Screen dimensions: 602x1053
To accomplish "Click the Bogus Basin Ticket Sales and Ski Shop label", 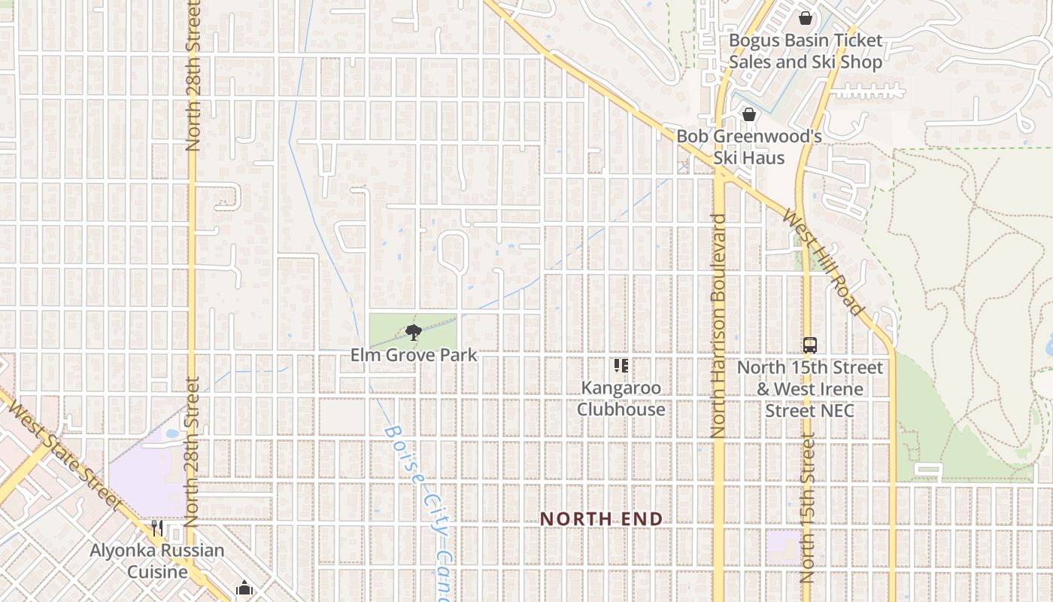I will coord(805,51).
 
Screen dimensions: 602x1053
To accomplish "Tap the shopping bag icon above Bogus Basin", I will coord(806,17).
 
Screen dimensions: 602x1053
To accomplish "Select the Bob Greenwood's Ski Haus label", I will coord(748,147).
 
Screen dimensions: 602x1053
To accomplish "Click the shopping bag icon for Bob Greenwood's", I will coord(748,114).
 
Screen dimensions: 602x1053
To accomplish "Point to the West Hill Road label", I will coord(823,262).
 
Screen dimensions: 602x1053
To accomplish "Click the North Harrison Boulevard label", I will coord(718,325).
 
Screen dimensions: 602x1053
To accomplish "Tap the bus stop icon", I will coord(809,345).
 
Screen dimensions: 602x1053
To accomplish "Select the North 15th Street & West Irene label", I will coord(809,389).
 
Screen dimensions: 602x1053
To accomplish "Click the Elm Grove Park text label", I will coord(414,354).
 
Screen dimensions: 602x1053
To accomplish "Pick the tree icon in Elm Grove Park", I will coord(413,332).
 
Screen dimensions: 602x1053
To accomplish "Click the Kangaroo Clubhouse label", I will coord(621,399).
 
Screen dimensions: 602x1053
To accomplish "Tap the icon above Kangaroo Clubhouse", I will coord(621,366).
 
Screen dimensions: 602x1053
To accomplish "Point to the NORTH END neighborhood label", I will coord(602,518).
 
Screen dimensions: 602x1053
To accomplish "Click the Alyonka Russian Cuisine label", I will coord(157,561).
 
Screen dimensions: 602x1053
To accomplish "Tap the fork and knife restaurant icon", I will coord(157,528).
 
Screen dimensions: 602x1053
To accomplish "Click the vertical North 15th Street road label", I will coord(807,509).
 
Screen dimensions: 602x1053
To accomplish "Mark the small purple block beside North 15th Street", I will coord(784,547).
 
